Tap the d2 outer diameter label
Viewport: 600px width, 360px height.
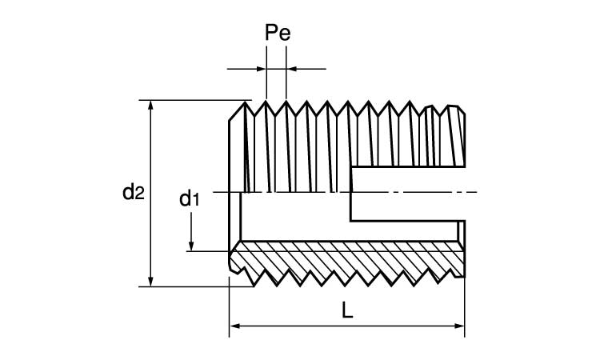pyautogui.click(x=133, y=191)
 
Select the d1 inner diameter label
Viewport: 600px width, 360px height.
pyautogui.click(x=188, y=198)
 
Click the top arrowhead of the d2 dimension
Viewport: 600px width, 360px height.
pyautogui.click(x=150, y=106)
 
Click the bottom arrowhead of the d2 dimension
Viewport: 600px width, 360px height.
pyautogui.click(x=150, y=280)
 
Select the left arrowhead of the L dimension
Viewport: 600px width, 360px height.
pyautogui.click(x=235, y=326)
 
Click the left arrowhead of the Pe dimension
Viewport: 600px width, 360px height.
pyautogui.click(x=261, y=69)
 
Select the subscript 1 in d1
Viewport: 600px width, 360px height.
pyautogui.click(x=194, y=200)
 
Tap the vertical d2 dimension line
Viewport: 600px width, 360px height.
pyautogui.click(x=150, y=160)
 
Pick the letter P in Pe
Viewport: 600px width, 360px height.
pyautogui.click(x=270, y=34)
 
